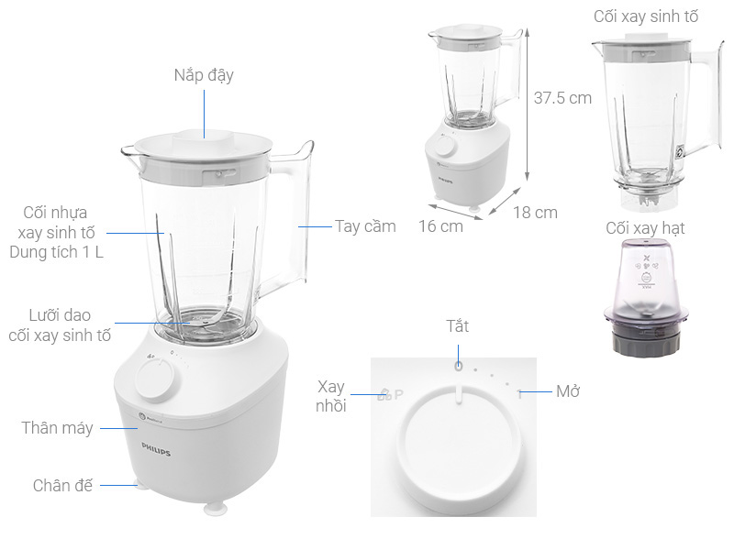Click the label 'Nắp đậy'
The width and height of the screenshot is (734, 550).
click(204, 75)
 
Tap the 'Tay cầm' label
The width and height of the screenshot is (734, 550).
click(364, 225)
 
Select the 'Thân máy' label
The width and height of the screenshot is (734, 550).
click(57, 427)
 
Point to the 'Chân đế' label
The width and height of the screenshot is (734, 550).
click(63, 485)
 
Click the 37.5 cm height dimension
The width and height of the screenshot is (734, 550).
click(562, 98)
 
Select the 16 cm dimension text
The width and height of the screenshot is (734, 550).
click(440, 225)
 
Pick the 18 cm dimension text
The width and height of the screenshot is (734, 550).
click(535, 212)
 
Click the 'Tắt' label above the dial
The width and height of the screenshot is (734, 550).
click(457, 326)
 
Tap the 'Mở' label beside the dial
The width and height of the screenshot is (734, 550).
click(568, 391)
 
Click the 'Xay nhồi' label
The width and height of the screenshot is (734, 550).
click(331, 396)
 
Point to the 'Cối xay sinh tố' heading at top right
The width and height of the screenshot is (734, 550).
click(645, 16)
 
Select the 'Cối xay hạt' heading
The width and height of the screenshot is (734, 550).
click(645, 227)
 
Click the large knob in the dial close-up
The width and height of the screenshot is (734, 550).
click(455, 455)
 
